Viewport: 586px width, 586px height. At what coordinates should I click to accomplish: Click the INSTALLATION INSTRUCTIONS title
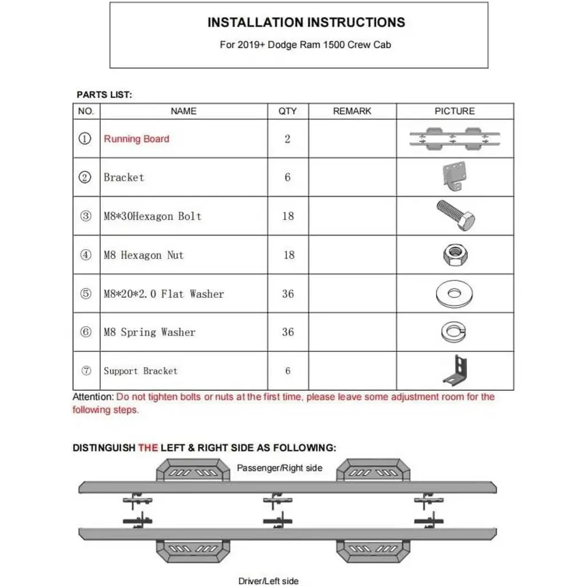click(306, 23)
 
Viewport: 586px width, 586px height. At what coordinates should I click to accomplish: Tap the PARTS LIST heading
click(104, 95)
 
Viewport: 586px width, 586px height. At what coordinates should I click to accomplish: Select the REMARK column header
click(352, 111)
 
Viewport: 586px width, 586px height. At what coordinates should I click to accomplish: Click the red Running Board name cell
click(137, 139)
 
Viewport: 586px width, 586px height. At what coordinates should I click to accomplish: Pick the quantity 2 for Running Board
click(287, 139)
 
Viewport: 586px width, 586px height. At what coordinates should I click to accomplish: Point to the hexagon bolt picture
click(455, 216)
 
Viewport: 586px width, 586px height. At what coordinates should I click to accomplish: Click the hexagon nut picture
click(455, 255)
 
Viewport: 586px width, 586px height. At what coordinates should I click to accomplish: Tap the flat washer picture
click(455, 294)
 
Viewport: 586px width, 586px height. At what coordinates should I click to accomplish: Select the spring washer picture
click(455, 332)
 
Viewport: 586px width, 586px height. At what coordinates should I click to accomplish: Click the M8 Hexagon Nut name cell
click(144, 255)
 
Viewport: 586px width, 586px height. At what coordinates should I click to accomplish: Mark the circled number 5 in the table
click(85, 294)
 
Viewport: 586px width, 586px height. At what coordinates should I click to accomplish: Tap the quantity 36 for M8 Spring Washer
click(288, 332)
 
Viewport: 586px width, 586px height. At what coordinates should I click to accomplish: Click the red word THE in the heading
click(148, 448)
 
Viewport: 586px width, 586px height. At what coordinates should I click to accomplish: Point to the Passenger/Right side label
click(280, 468)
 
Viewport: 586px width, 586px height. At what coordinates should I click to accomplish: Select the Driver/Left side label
click(268, 581)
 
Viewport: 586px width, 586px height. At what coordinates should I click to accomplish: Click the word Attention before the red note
click(93, 397)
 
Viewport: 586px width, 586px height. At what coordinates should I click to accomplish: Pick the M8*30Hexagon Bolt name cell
click(152, 216)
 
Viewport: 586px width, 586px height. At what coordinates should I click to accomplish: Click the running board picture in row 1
click(455, 139)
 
